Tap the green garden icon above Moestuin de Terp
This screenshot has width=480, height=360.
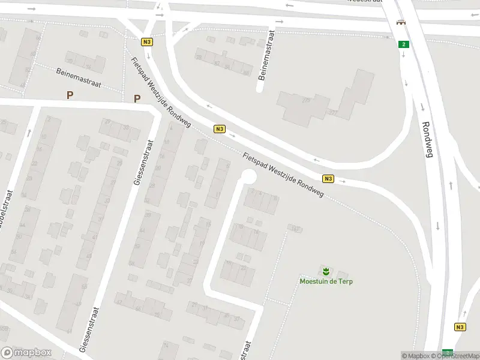click(x=326, y=271)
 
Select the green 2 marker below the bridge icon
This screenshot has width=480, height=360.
click(x=404, y=44)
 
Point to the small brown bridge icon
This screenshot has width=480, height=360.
click(x=400, y=22)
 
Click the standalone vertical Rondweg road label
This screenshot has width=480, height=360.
click(x=428, y=140)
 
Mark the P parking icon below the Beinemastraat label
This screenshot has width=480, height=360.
click(x=70, y=95)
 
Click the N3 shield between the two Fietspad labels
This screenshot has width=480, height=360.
click(x=220, y=129)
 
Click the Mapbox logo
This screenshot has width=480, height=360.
click(x=26, y=353)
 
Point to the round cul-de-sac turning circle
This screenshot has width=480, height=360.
click(x=247, y=176)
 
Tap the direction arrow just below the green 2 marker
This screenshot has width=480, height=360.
click(x=404, y=56)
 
